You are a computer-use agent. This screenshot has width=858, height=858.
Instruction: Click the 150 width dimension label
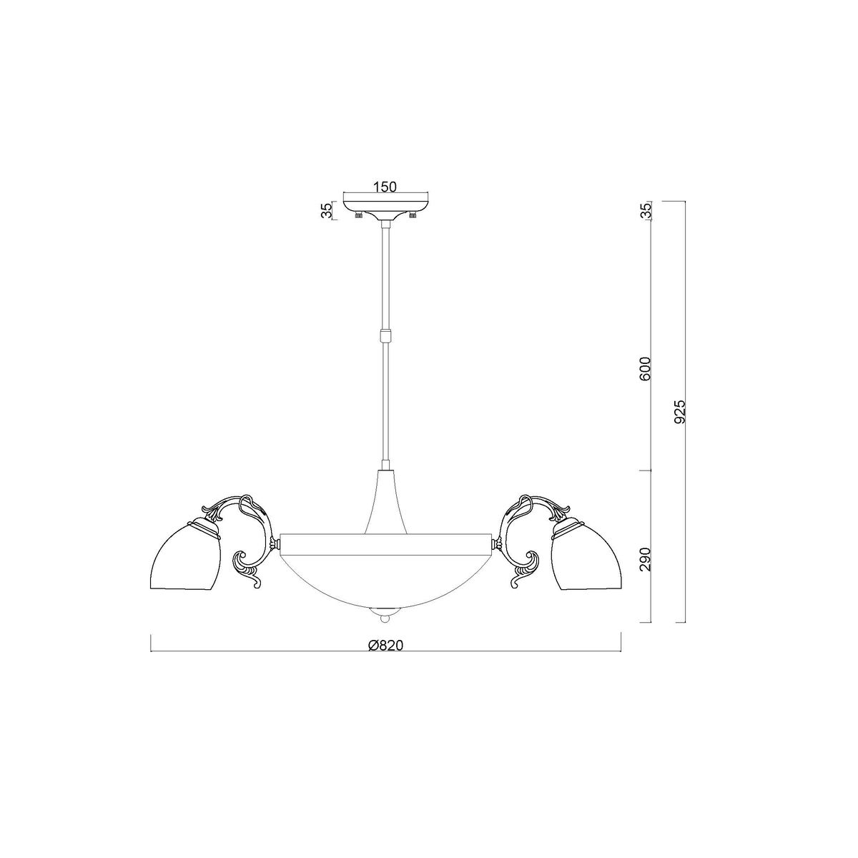click(x=385, y=187)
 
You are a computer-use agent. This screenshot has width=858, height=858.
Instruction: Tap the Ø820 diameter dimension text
click(x=385, y=645)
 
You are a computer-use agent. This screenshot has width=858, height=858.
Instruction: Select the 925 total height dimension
click(x=680, y=411)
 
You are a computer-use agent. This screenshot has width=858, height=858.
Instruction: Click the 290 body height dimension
click(x=646, y=560)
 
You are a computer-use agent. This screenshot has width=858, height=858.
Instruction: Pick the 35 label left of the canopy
click(x=327, y=211)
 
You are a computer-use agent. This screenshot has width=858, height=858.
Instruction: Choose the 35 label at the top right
click(x=646, y=210)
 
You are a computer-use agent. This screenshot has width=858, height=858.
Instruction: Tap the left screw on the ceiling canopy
click(x=357, y=215)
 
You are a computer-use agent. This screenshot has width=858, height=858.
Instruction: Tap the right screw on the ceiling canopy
click(x=413, y=215)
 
